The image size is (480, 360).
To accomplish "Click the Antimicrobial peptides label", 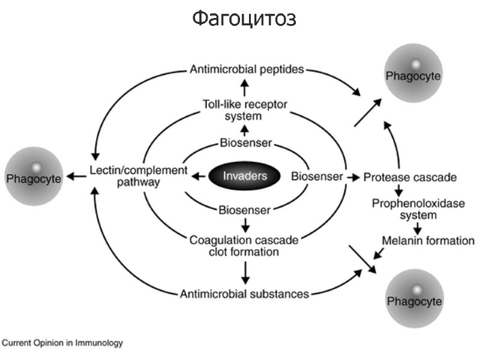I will [247, 70].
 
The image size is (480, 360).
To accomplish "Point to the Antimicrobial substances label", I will [244, 294].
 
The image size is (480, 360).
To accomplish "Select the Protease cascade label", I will [410, 178].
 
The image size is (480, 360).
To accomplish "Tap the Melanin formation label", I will [428, 241].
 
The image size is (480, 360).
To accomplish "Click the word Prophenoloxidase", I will [410, 203].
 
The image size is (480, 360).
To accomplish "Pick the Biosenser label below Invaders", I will [244, 209].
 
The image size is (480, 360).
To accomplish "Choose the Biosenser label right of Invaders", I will [317, 176].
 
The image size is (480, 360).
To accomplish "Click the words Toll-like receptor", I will [244, 104].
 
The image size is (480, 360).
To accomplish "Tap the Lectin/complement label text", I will [138, 170].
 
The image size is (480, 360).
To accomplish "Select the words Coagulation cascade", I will [244, 241].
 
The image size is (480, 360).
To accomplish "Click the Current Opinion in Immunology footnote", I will [62, 343].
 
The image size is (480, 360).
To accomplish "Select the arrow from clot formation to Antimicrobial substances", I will [244, 273].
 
